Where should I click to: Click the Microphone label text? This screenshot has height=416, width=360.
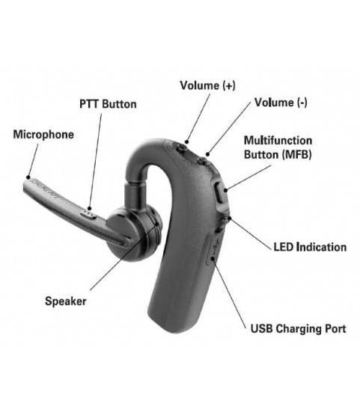(43, 135)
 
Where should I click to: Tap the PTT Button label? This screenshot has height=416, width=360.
(108, 104)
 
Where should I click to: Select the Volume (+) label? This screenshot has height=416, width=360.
(207, 85)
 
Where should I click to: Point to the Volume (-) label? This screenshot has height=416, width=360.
(281, 103)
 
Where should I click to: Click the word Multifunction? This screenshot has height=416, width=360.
(278, 141)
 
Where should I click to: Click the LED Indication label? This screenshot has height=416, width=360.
(310, 247)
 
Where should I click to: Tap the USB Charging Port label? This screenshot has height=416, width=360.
(299, 328)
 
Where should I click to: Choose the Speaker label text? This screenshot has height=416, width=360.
(66, 301)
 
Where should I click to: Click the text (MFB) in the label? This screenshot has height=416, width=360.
(296, 154)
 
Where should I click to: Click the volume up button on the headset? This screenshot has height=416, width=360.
(182, 149)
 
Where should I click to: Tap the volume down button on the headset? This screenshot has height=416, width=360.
(202, 161)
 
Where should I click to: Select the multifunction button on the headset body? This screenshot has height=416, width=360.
(220, 195)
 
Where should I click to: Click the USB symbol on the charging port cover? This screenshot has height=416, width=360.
(216, 245)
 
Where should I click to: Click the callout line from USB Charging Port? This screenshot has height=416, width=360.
(229, 293)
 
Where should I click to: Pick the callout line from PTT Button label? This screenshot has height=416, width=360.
(96, 162)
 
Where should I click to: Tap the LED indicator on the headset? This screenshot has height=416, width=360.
(226, 218)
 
